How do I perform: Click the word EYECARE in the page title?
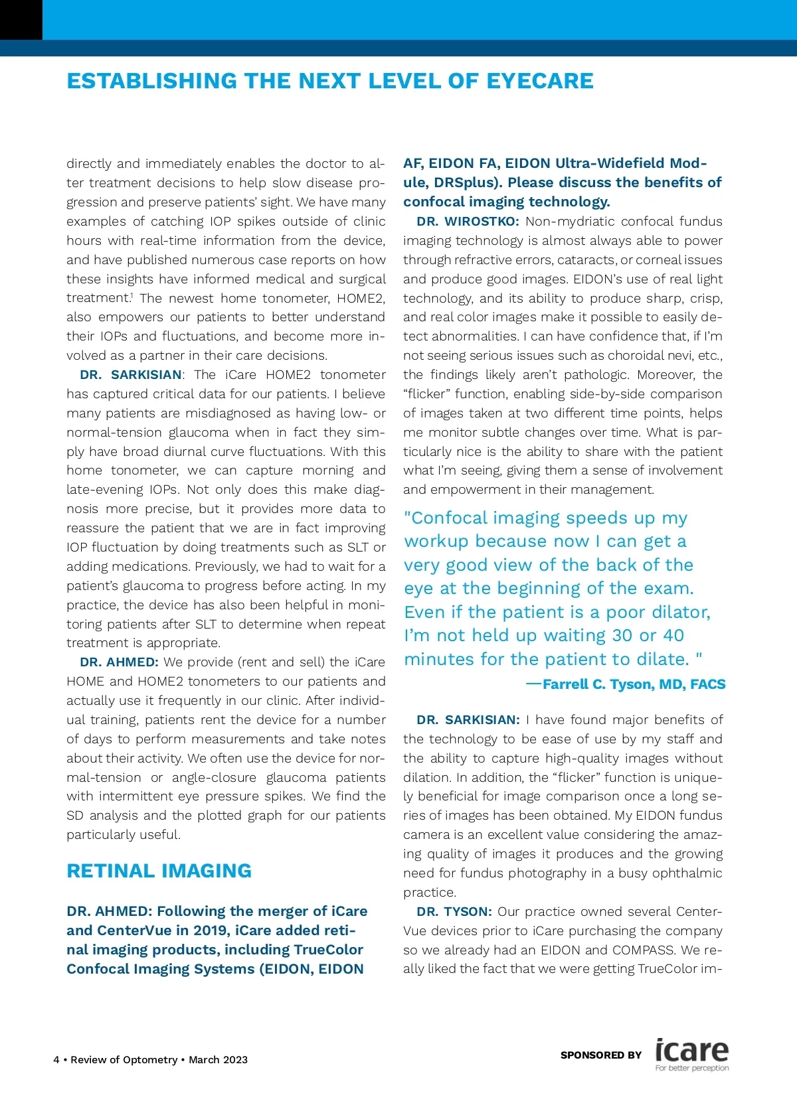click(x=540, y=81)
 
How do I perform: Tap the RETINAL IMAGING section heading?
click(x=159, y=871)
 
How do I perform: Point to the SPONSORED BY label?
click(x=601, y=1055)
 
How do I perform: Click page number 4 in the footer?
click(x=56, y=1059)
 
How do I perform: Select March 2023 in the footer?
click(x=218, y=1059)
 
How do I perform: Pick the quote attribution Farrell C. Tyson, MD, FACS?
click(x=634, y=684)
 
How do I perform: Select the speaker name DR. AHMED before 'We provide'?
click(x=119, y=662)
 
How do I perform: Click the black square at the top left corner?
click(x=21, y=19)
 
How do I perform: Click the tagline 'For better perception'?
click(x=691, y=1068)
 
